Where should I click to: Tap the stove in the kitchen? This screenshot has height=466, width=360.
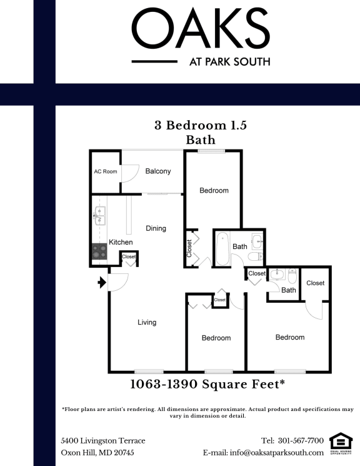click(x=99, y=251)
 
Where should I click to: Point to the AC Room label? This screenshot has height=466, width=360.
click(x=105, y=171)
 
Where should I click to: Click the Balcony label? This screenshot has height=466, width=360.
click(x=158, y=171)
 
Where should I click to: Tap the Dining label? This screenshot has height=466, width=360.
click(x=156, y=228)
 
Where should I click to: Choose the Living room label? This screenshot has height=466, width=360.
click(x=147, y=323)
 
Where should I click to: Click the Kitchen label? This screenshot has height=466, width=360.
click(x=121, y=242)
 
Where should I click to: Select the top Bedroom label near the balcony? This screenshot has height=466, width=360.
click(x=214, y=191)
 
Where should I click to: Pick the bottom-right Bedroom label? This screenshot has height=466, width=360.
click(x=290, y=338)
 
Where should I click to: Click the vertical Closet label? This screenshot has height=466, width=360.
click(x=189, y=248)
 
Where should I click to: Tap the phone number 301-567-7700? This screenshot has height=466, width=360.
click(x=301, y=440)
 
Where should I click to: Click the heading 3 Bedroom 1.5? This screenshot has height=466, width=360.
click(x=201, y=125)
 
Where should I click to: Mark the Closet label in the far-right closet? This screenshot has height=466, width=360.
click(x=316, y=283)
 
